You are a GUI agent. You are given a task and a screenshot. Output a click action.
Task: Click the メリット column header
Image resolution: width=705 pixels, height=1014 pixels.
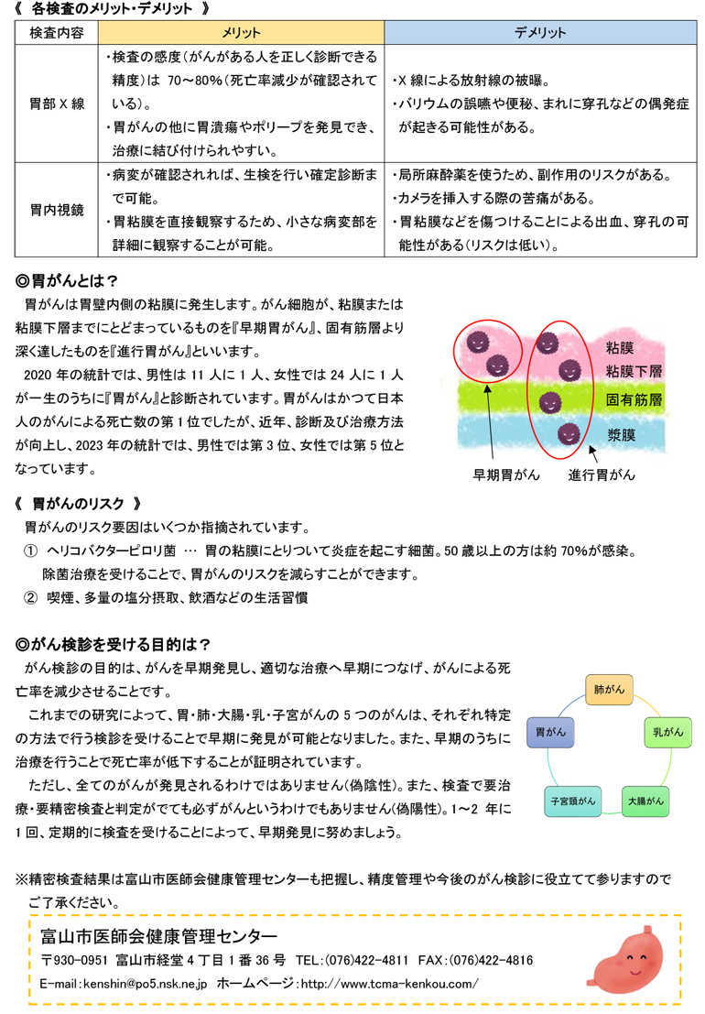coord(242,32)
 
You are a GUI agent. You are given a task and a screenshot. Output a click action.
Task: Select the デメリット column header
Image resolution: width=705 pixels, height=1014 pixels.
coord(539,32)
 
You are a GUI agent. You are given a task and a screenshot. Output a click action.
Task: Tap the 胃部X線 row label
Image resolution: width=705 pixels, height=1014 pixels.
coord(57,103)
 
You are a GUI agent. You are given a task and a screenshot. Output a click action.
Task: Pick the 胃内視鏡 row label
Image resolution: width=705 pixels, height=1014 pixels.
coord(57,210)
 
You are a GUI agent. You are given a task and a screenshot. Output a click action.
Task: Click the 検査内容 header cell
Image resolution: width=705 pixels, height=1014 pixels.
coord(57,32)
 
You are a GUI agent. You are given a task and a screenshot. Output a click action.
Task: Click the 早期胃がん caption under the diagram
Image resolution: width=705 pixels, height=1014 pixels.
coord(506,474)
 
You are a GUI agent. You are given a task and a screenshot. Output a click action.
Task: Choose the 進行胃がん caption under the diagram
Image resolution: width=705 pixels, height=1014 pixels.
coord(601,474)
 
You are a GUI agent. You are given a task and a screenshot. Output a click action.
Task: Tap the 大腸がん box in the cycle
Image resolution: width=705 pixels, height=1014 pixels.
coord(645,801)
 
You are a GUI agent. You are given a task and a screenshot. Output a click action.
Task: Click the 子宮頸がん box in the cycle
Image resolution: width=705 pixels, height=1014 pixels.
coord(573,801)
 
